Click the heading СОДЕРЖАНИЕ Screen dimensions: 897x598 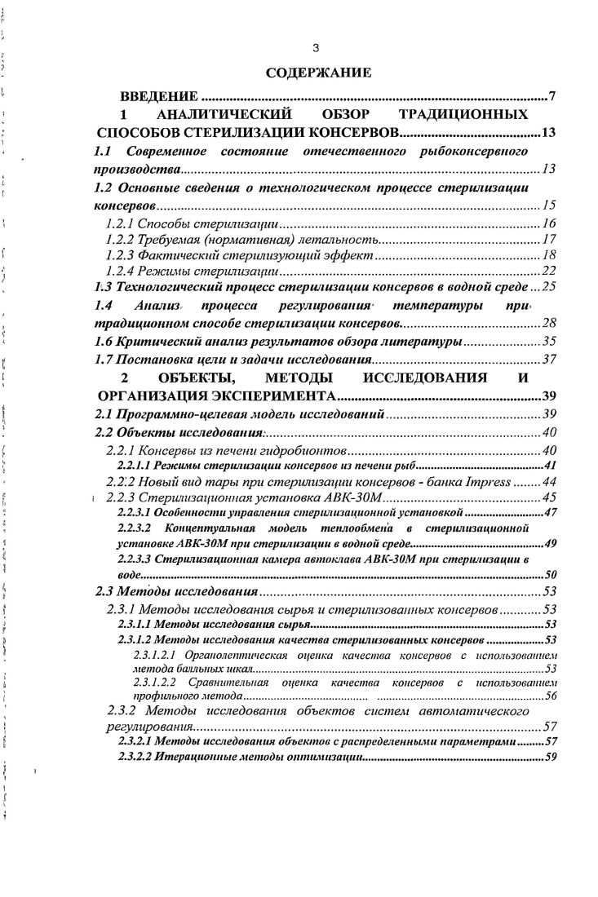pyautogui.click(x=318, y=73)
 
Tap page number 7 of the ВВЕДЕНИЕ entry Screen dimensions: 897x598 pyautogui.click(x=551, y=98)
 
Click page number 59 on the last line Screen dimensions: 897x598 pyautogui.click(x=550, y=757)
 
